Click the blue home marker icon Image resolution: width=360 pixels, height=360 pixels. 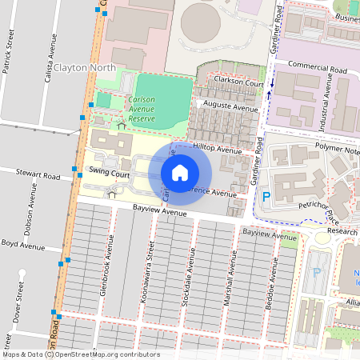pos(180,172)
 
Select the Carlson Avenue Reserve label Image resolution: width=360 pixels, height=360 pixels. pos(142,109)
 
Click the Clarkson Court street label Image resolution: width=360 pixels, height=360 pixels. pos(238,83)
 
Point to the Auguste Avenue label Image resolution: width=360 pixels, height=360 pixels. pos(230,106)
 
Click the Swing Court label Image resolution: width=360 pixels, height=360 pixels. pos(110,172)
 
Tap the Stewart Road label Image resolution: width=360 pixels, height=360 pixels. pos(41,173)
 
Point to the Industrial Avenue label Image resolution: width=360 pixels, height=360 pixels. pos(326,108)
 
